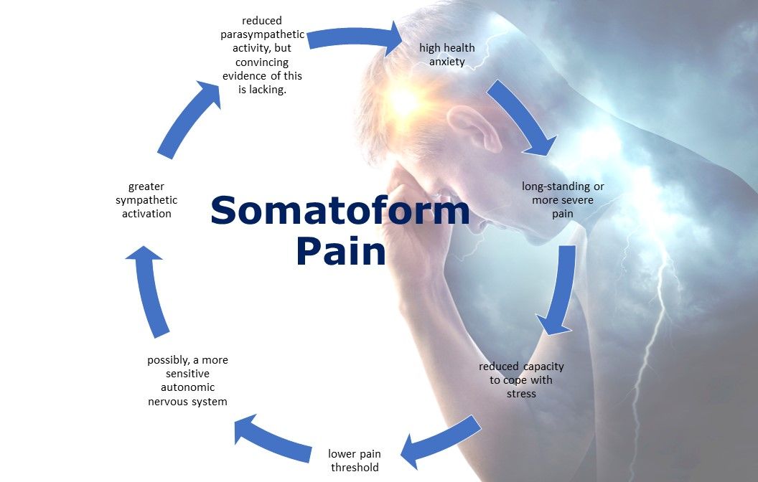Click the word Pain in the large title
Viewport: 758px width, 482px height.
click(x=340, y=252)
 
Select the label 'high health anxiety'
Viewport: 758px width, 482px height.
click(x=447, y=55)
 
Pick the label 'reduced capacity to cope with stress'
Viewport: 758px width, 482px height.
click(x=522, y=379)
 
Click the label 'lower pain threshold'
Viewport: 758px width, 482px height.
click(x=355, y=460)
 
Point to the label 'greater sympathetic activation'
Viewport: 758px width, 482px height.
click(x=146, y=200)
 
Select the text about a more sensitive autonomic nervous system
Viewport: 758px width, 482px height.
click(x=187, y=381)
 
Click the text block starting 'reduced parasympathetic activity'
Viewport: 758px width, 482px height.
click(x=262, y=55)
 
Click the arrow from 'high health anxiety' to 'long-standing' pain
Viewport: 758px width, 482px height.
click(x=522, y=118)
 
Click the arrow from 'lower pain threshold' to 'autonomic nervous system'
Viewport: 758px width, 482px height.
click(x=269, y=435)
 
